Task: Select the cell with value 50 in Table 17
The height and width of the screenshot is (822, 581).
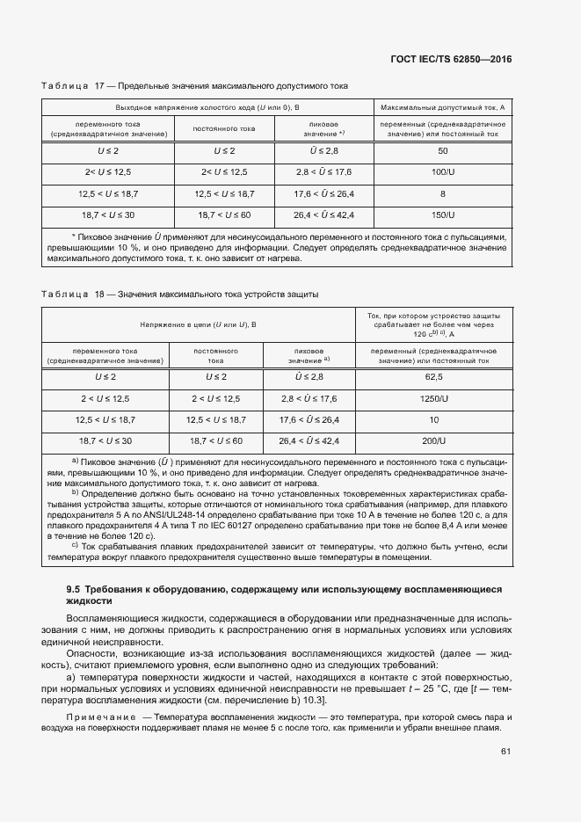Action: click(x=442, y=151)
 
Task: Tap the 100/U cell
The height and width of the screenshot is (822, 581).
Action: click(x=442, y=171)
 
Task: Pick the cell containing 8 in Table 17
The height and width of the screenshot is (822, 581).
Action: click(x=442, y=193)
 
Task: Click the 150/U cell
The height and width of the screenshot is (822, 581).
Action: click(x=442, y=214)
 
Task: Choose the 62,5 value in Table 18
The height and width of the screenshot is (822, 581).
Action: click(x=433, y=376)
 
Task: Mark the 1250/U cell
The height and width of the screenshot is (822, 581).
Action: click(x=433, y=397)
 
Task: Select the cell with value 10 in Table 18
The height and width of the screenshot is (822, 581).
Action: click(x=433, y=419)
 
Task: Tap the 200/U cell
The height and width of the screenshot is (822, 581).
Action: click(x=433, y=440)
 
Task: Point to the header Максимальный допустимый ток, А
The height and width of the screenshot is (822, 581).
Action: click(x=442, y=106)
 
